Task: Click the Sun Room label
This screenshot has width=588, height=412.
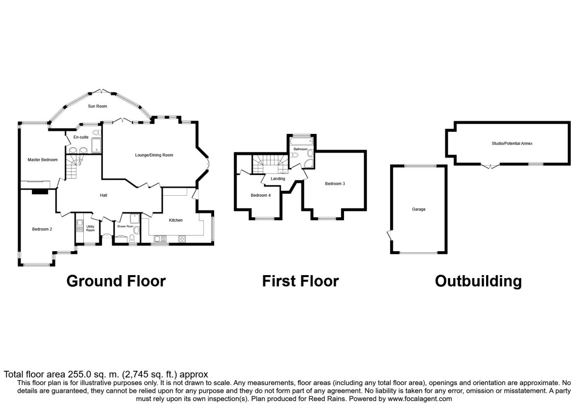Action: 98,106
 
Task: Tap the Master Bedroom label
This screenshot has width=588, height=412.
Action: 43,160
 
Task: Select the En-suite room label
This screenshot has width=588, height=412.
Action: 81,137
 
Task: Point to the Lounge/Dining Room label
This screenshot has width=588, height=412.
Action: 154,155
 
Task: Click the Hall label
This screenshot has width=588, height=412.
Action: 103,195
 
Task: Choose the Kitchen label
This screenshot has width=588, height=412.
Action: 175,220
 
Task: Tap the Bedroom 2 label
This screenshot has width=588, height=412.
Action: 42,229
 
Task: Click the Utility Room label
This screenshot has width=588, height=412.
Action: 90,229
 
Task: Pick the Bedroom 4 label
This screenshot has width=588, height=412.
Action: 261,195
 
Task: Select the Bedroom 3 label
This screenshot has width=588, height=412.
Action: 335,183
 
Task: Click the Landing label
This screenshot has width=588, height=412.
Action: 278,179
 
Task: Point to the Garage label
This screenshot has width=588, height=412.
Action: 418,209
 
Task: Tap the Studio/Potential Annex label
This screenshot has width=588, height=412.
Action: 512,143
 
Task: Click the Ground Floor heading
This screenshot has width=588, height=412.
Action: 116,281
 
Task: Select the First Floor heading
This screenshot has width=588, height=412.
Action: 300,281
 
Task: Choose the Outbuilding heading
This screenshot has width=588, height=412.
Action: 478,282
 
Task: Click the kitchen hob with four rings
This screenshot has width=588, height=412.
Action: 182,239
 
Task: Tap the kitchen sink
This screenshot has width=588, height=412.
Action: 160,239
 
